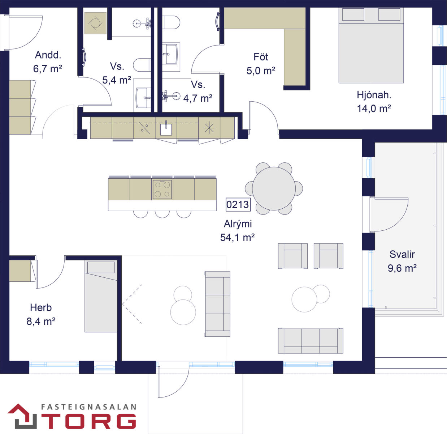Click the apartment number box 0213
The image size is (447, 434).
click(x=238, y=204)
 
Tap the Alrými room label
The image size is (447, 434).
click(x=238, y=224)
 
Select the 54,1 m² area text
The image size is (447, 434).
click(x=237, y=238)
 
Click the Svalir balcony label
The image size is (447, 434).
click(x=402, y=254)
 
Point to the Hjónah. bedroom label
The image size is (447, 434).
click(x=374, y=95)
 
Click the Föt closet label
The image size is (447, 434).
click(x=261, y=57)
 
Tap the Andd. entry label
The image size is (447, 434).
click(x=48, y=55)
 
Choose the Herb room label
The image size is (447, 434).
click(x=41, y=307)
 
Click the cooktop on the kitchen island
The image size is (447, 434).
click(x=162, y=190)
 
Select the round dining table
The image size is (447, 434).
click(x=274, y=188)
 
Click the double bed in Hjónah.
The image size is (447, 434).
click(x=371, y=45)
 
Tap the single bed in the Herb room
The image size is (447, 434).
click(x=101, y=296)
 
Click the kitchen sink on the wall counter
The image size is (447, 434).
click(x=166, y=129)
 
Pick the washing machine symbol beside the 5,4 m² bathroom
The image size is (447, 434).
click(x=95, y=23)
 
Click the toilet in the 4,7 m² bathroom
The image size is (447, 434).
click(x=171, y=22)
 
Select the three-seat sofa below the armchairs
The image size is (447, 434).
click(x=311, y=341)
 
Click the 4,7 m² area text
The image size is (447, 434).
click(x=198, y=98)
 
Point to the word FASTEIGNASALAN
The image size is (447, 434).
click(x=89, y=407)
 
